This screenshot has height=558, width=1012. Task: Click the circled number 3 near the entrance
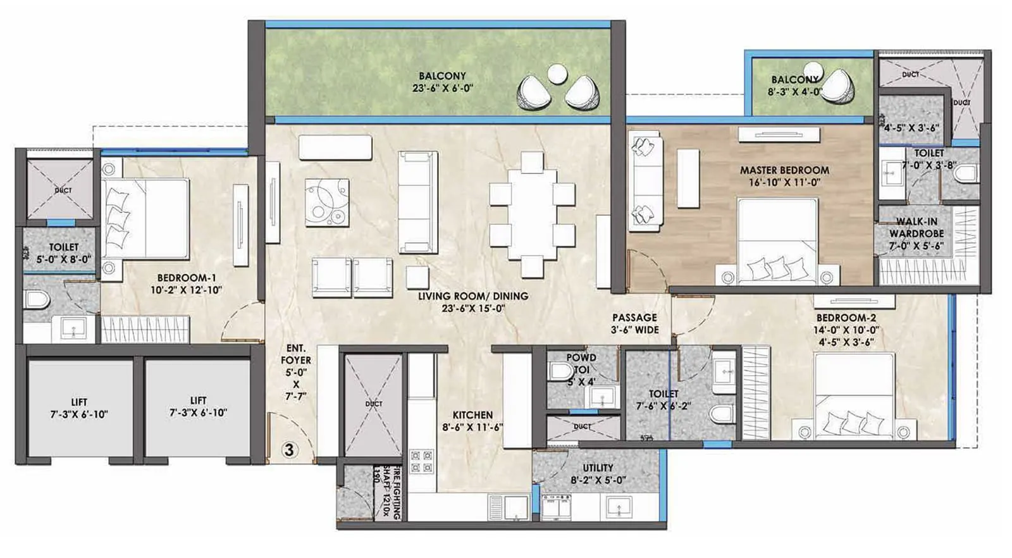(x=290, y=450)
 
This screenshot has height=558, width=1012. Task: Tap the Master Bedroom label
(x=784, y=170)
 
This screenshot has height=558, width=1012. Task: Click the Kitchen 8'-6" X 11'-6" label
(x=472, y=421)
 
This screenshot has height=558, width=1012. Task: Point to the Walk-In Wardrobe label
(x=916, y=228)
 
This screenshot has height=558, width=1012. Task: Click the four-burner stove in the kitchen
(x=422, y=461)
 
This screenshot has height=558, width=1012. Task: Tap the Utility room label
(x=598, y=474)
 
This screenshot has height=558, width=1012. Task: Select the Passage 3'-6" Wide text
(x=634, y=323)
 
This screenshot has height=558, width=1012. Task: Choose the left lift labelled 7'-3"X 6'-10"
(x=79, y=408)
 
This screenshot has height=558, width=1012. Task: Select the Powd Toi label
(x=581, y=363)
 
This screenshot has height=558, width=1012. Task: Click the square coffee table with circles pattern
(x=327, y=202)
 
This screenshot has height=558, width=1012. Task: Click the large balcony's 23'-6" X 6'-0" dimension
(x=442, y=89)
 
